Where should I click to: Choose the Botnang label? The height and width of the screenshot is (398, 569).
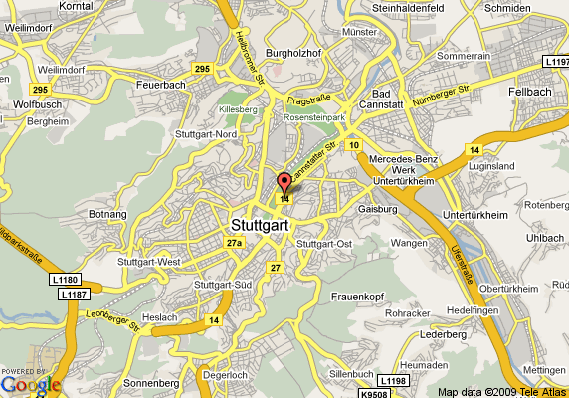coord(108,213)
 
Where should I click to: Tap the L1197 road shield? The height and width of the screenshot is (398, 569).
coord(555,62)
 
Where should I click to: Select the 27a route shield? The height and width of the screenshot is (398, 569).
coord(235,243)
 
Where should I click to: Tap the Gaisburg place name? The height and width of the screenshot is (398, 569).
coord(377,209)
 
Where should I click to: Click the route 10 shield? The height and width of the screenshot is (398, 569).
coord(353,145)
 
